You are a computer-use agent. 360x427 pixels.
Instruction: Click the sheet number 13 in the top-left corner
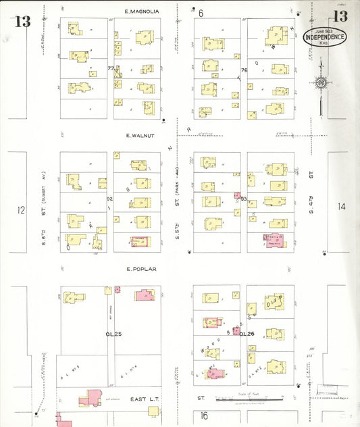coord(22,21)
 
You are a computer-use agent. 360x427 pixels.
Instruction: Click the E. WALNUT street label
coord(140,135)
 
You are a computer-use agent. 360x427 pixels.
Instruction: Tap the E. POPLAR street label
coord(140,269)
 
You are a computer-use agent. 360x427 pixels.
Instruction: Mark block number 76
coord(245,70)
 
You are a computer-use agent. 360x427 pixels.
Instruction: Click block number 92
coord(109,199)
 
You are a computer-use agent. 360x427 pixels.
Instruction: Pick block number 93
coord(244,199)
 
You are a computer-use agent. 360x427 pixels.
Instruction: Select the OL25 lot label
coord(112,334)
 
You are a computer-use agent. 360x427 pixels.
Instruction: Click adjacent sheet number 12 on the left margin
coord(22,210)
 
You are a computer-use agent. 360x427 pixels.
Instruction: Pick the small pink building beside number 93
coord(237,196)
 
